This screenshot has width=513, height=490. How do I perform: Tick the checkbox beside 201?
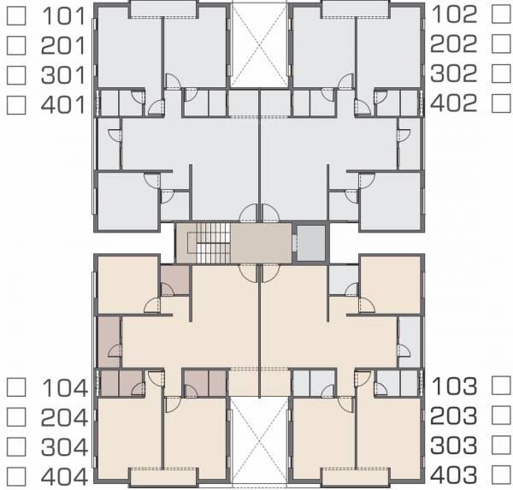(15, 44)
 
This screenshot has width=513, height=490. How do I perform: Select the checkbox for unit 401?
(15, 105)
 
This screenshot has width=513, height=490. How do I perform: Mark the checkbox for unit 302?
(500, 74)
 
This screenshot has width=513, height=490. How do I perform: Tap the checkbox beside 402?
(500, 103)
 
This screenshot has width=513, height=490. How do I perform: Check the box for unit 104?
(15, 387)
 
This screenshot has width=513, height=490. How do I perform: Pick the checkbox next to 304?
(15, 447)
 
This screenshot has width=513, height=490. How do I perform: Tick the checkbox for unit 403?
(500, 475)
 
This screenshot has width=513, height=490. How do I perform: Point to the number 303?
(457, 446)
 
